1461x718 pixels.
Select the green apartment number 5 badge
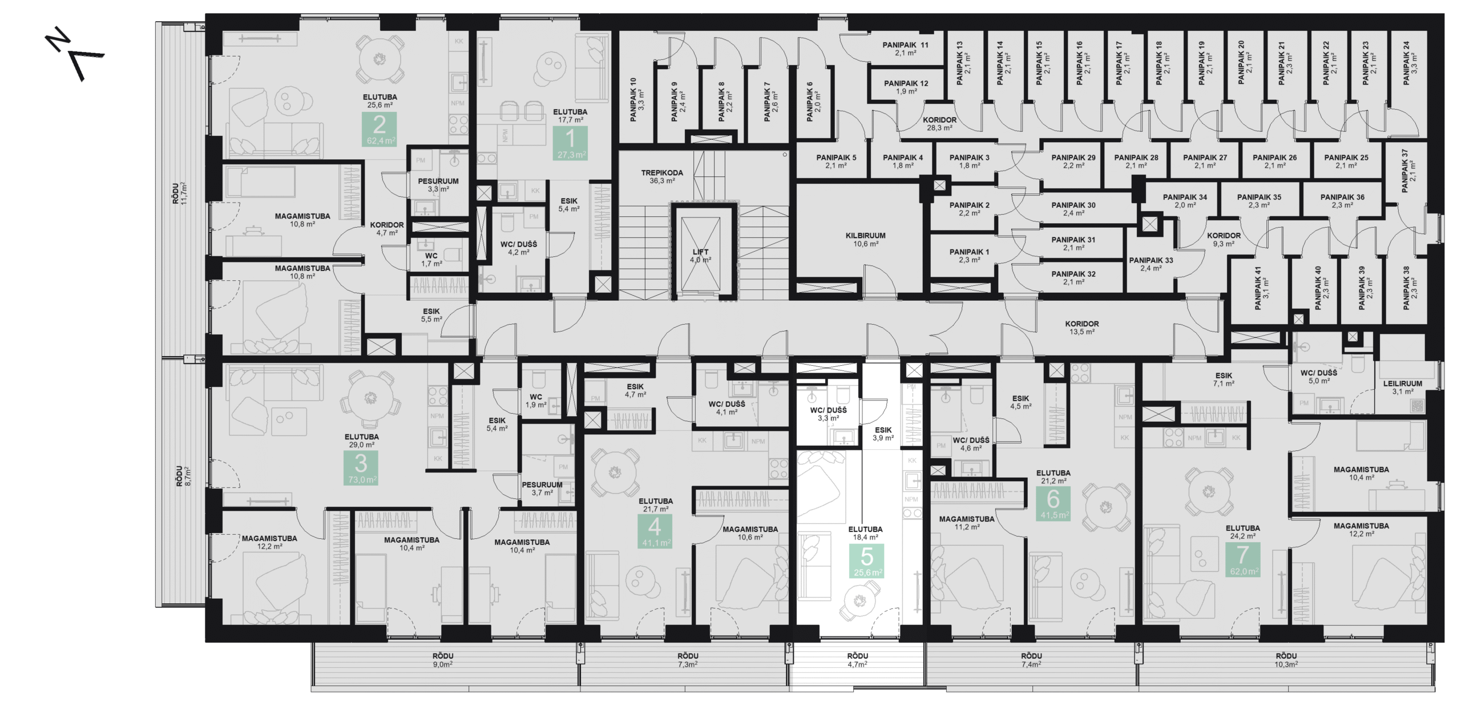[866, 561]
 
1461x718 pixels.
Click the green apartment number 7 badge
[1242, 559]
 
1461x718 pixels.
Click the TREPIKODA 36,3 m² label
[662, 176]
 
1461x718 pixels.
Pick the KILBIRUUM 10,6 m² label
[866, 239]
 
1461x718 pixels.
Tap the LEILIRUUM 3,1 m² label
[1402, 388]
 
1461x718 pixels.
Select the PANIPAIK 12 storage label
[906, 87]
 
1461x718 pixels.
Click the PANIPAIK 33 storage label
[1151, 264]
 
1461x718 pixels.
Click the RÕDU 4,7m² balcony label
[857, 660]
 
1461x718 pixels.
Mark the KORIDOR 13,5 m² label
[1081, 327]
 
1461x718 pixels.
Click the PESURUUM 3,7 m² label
[542, 488]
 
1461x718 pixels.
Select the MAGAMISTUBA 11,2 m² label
[966, 523]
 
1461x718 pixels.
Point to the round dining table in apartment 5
[859, 600]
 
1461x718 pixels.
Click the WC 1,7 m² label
[431, 260]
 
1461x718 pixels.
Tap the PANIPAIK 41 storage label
[1261, 288]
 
